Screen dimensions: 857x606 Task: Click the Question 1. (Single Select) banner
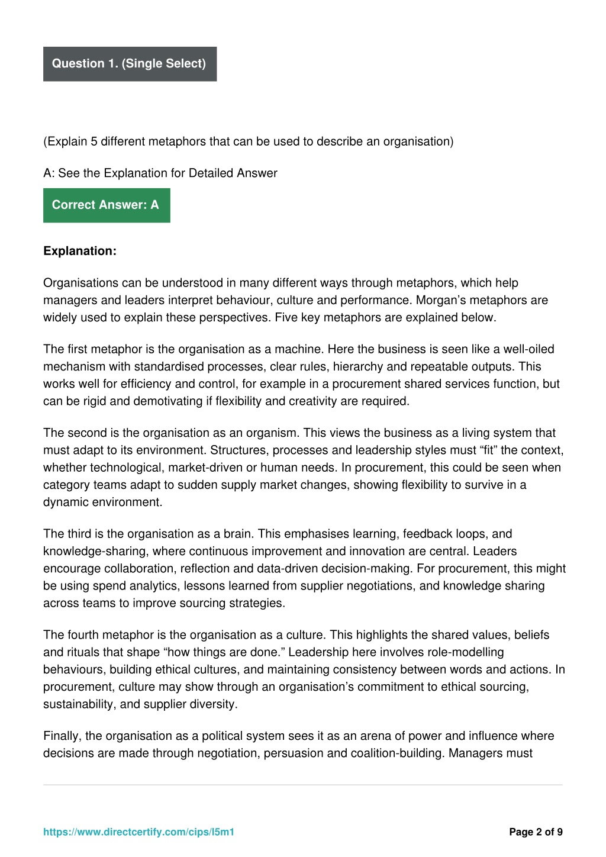[130, 64]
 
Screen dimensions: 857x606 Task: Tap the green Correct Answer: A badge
[107, 205]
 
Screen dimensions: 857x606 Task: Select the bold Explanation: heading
[80, 251]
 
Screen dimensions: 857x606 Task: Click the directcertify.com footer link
[139, 832]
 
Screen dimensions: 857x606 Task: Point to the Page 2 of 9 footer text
[536, 832]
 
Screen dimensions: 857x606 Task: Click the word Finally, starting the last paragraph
[62, 736]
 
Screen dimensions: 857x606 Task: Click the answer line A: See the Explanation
[160, 173]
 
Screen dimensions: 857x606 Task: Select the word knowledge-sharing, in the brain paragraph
[96, 552]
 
